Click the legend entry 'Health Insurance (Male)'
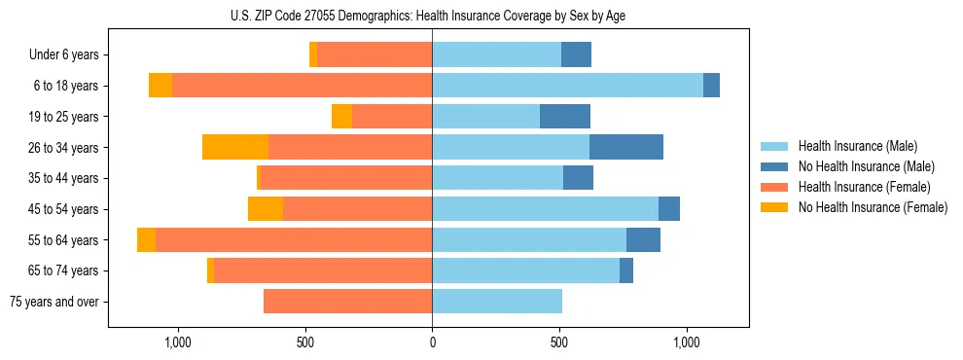coord(858,146)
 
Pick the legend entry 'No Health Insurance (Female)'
coord(872,207)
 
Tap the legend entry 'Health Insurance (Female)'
coord(864,187)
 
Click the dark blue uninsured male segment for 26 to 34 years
coord(626,147)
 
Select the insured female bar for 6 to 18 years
coord(302,86)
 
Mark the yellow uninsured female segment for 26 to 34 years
coord(235,147)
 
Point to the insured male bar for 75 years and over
coord(497,302)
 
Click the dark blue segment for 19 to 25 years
coord(565,117)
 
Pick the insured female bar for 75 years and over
coord(347,302)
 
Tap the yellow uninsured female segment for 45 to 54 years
coord(266,209)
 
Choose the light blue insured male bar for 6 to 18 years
coord(567,86)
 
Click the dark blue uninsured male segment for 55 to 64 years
coord(643,239)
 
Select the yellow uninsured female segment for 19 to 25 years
coord(341,117)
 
